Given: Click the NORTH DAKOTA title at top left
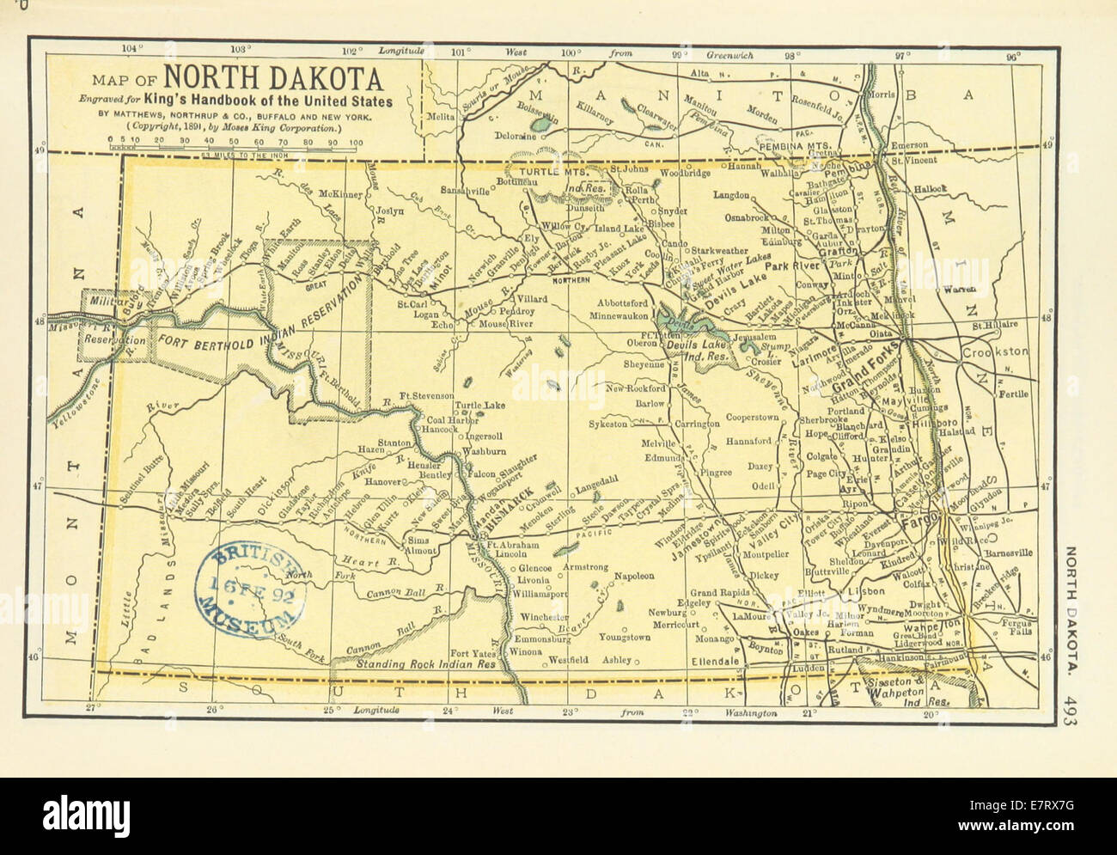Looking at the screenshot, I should point(273,79).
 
